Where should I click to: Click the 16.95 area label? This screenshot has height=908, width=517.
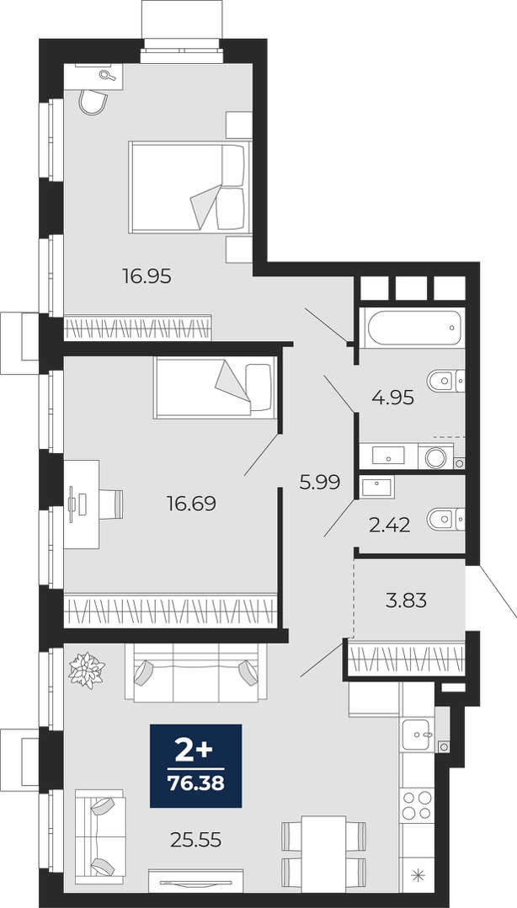(x=147, y=276)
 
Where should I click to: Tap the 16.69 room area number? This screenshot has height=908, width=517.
(x=191, y=504)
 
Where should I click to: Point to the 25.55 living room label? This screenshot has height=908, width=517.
(x=196, y=839)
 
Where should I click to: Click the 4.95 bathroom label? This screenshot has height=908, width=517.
(x=393, y=398)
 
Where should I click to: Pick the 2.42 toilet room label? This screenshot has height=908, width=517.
(x=390, y=526)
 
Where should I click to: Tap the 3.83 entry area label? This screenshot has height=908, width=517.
(x=406, y=601)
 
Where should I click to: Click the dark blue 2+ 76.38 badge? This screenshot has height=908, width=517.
(x=195, y=765)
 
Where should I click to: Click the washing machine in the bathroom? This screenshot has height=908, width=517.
(x=435, y=457)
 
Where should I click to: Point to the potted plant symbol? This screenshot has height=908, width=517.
(x=87, y=670)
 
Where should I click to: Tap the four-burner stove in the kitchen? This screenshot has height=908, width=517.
(x=418, y=805)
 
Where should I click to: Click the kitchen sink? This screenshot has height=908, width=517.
(x=417, y=734)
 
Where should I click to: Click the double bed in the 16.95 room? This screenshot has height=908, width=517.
(x=190, y=186)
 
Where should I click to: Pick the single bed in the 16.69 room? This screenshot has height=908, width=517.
(x=215, y=387)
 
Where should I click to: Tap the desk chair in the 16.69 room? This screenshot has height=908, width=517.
(x=111, y=504)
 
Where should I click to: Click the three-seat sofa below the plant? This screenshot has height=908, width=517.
(x=195, y=673)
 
